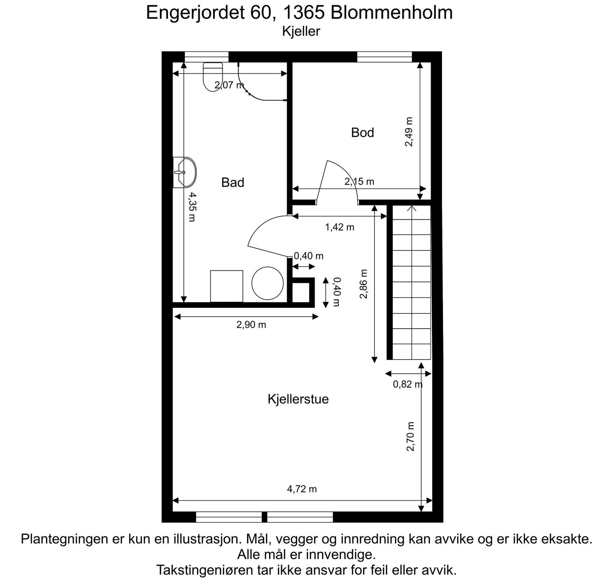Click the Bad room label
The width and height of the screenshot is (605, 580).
(233, 183)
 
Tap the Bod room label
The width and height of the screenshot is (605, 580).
(362, 133)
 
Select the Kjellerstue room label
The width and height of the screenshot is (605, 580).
(298, 399)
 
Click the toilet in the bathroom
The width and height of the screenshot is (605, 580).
(213, 76)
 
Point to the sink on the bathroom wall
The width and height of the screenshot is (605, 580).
(185, 172)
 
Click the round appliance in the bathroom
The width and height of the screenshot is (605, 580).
(268, 283)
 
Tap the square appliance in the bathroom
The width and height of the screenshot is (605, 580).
(226, 286)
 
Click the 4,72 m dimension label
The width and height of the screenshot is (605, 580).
(302, 489)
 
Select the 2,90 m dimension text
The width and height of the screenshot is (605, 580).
(251, 325)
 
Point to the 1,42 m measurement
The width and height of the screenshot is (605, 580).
(340, 227)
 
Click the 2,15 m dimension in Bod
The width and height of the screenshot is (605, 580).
(359, 181)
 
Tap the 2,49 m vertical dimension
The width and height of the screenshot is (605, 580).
(409, 132)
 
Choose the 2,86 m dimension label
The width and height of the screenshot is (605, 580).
(364, 284)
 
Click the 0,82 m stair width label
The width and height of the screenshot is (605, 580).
(408, 385)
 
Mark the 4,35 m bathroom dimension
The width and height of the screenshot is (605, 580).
(192, 207)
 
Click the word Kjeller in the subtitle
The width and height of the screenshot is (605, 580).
(301, 31)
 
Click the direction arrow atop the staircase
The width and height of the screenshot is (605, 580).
(412, 208)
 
